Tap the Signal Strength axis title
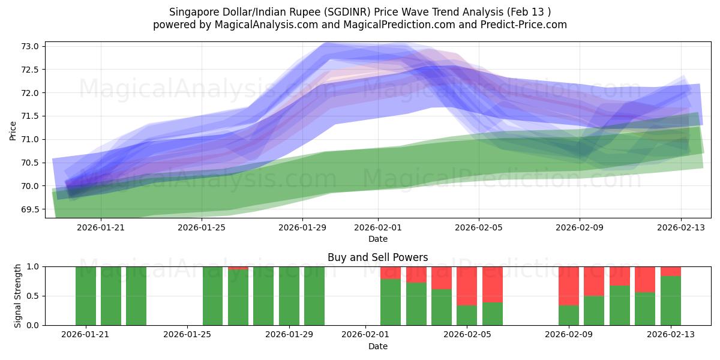[x=18, y=296]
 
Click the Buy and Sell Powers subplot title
[x=377, y=257]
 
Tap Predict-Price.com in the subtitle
[x=528, y=25]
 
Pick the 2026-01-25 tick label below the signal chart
[x=188, y=334]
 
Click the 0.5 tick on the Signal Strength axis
[x=33, y=296]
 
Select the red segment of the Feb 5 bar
[x=467, y=286]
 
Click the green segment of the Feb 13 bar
[x=670, y=300]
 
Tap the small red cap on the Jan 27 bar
[x=238, y=268]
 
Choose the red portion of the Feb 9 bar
[x=568, y=286]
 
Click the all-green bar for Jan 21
[x=86, y=296]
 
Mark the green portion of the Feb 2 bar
[x=416, y=304]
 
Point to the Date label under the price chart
[x=377, y=239]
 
